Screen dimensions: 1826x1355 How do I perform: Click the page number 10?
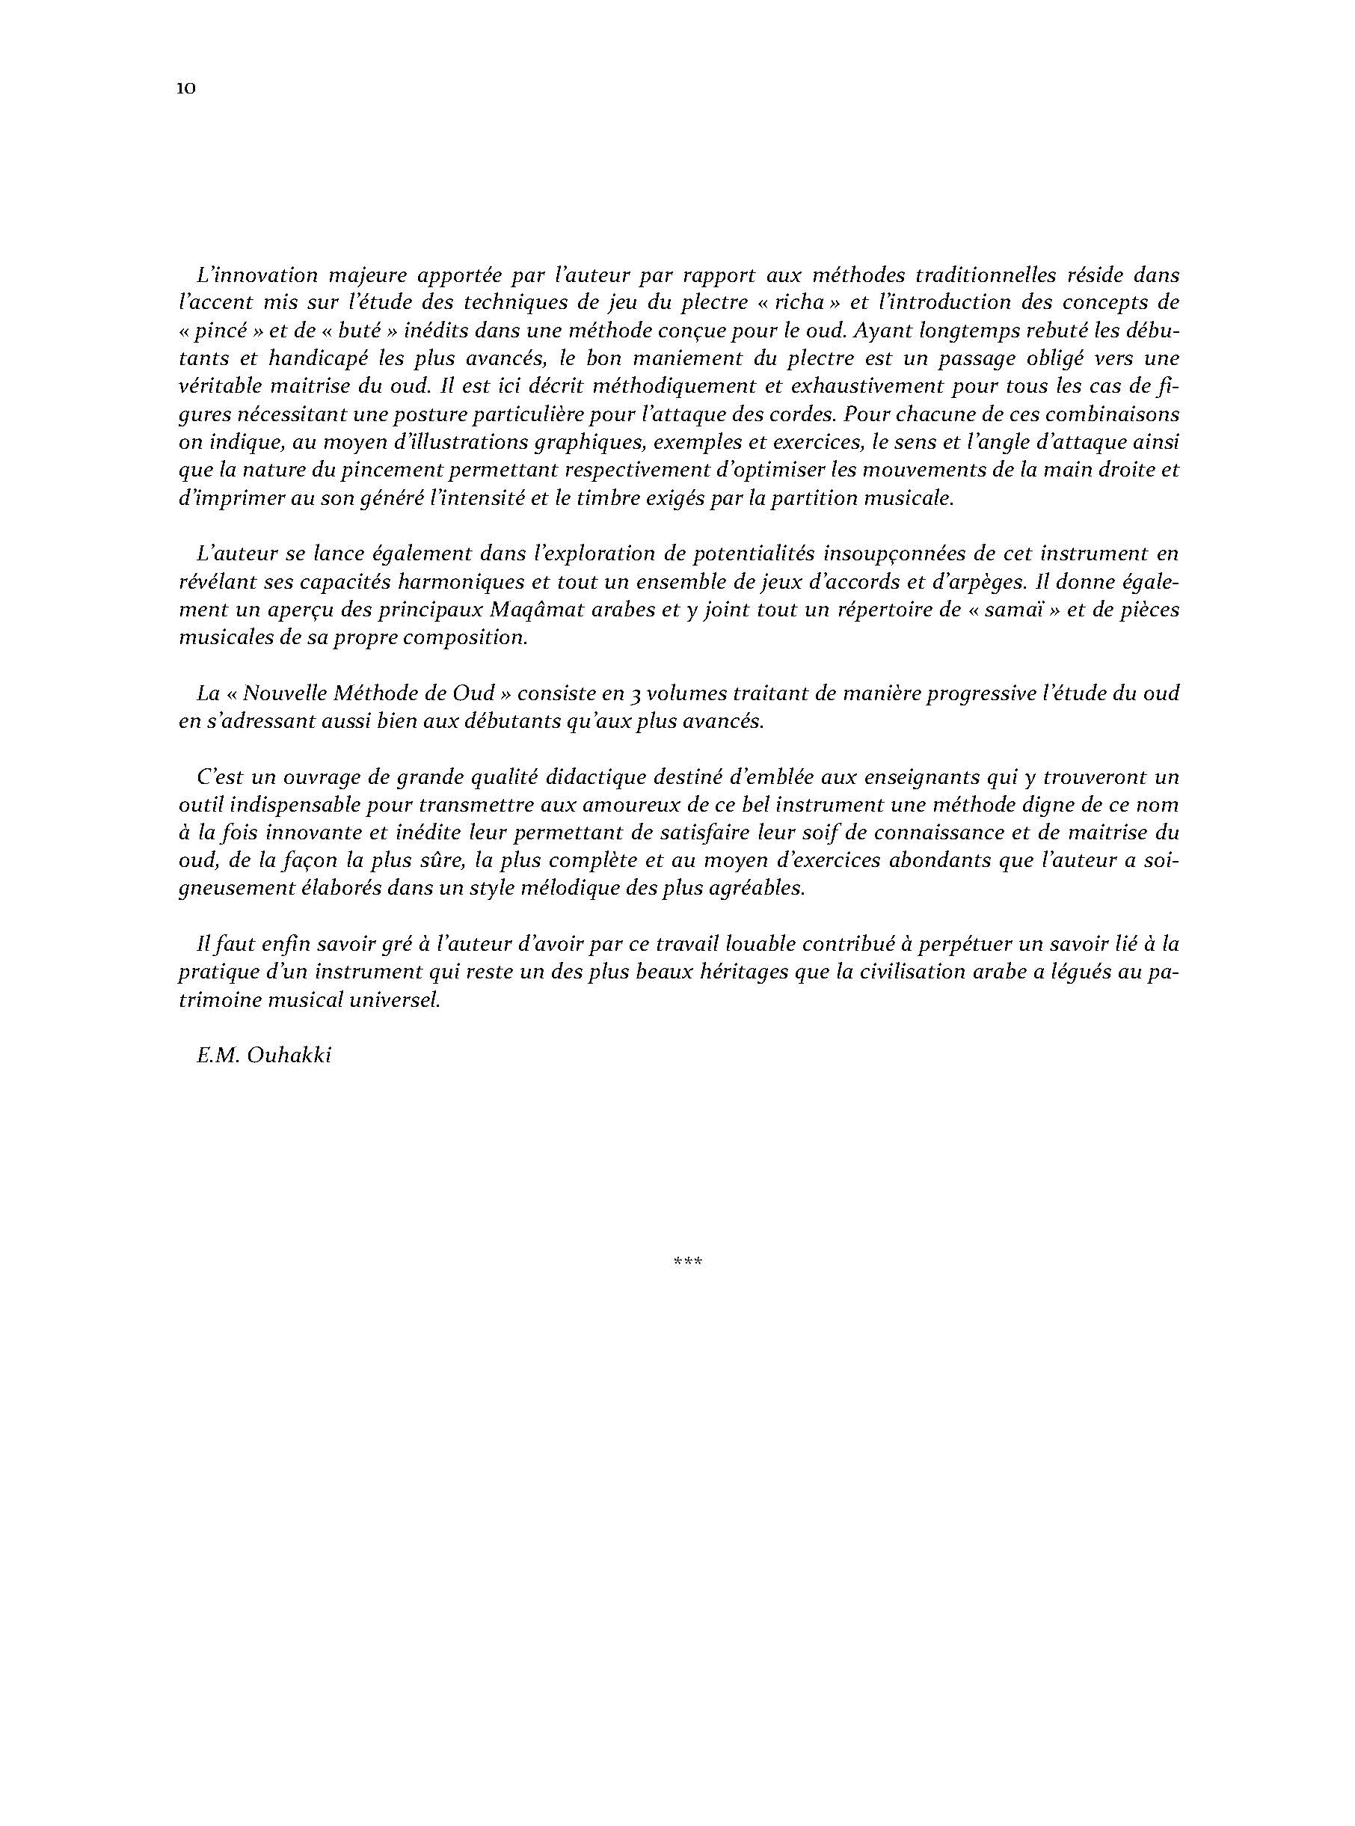(185, 90)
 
